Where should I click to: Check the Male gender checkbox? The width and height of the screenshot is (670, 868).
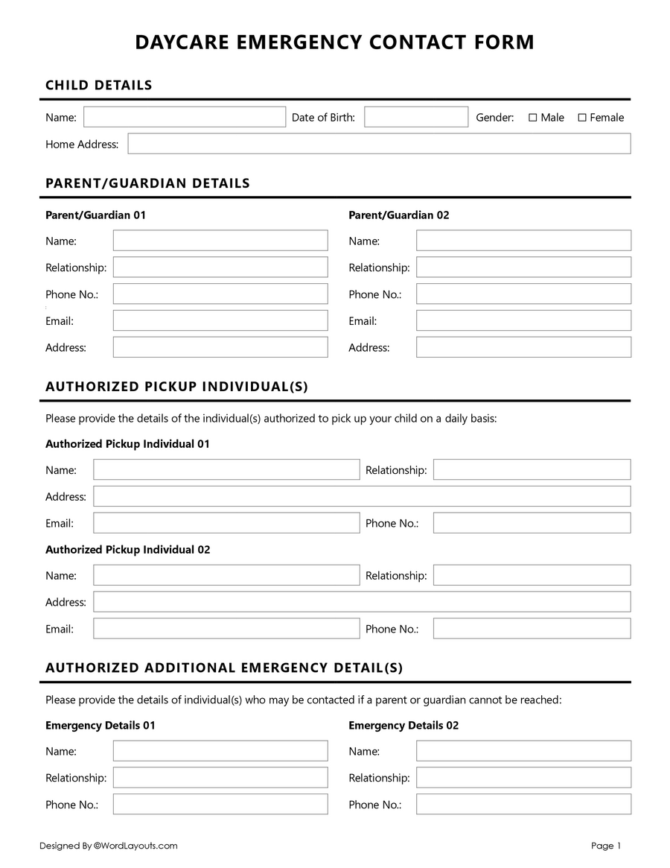pyautogui.click(x=532, y=118)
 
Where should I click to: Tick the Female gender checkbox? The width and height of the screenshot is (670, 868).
pyautogui.click(x=582, y=118)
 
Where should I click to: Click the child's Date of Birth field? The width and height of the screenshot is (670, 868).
pyautogui.click(x=415, y=117)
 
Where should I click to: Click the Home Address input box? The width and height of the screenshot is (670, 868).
pyautogui.click(x=379, y=144)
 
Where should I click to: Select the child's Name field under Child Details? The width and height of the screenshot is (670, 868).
pyautogui.click(x=185, y=117)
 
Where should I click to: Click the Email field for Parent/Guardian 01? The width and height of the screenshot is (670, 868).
pyautogui.click(x=220, y=320)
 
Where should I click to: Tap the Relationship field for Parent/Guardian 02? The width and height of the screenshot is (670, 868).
pyautogui.click(x=523, y=267)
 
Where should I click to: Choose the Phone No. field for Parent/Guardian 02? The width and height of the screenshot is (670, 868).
pyautogui.click(x=523, y=294)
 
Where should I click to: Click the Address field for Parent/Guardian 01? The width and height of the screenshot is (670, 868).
pyautogui.click(x=220, y=347)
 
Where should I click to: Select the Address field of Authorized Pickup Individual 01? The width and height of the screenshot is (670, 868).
pyautogui.click(x=362, y=496)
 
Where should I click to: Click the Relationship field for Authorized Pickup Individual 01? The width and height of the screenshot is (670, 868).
pyautogui.click(x=532, y=469)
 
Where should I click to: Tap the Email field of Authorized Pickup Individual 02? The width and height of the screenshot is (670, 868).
pyautogui.click(x=226, y=628)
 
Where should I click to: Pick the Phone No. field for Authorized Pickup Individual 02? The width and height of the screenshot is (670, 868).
pyautogui.click(x=532, y=628)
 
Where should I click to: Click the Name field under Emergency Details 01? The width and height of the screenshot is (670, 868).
pyautogui.click(x=220, y=750)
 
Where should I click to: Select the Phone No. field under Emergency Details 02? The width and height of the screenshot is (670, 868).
pyautogui.click(x=523, y=804)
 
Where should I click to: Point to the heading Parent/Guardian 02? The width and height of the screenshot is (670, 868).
pyautogui.click(x=399, y=215)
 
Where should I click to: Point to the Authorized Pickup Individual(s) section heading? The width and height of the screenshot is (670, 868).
pyautogui.click(x=176, y=387)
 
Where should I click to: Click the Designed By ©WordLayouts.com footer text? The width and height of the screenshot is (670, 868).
pyautogui.click(x=109, y=846)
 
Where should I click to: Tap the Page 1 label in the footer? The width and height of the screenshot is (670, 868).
pyautogui.click(x=605, y=846)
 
